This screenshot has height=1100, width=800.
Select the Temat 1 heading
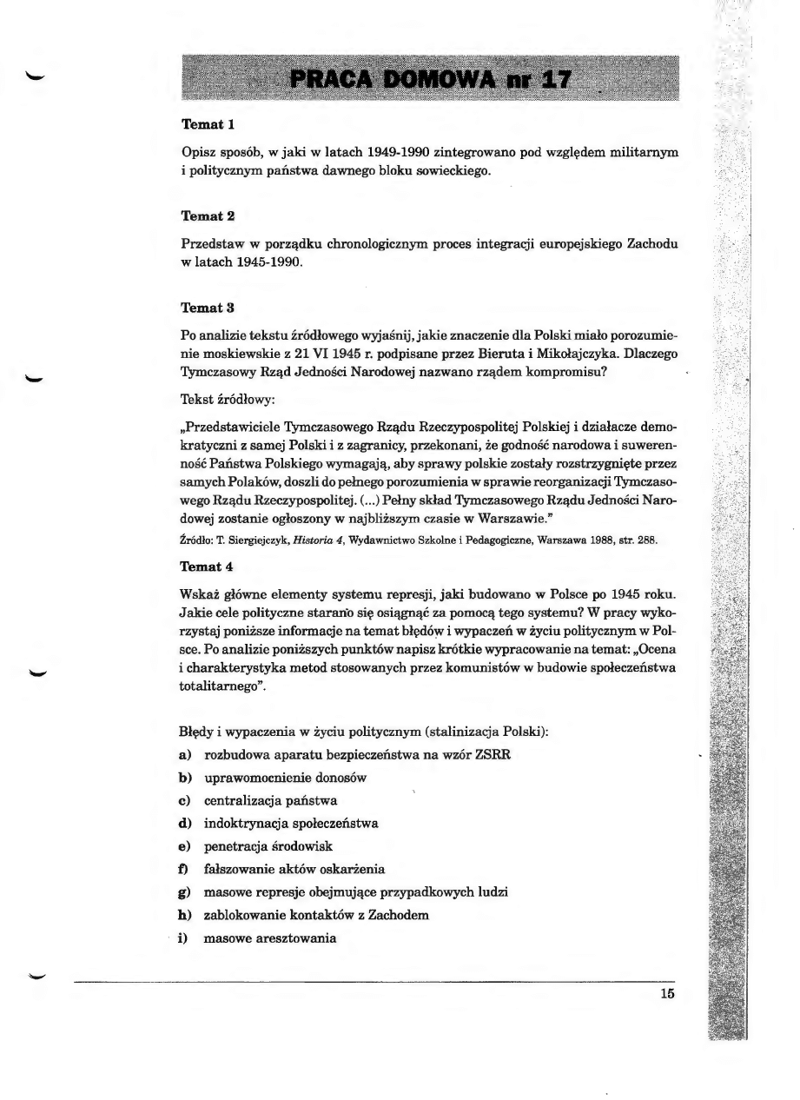point(208,125)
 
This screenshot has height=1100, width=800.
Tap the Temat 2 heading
point(208,215)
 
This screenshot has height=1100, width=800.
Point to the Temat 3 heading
point(208,307)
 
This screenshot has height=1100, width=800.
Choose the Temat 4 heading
point(208,567)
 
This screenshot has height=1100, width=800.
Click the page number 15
point(666,995)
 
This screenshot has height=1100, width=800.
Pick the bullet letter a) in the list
point(187,754)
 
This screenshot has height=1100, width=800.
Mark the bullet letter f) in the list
point(186,868)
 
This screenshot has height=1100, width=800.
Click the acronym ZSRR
point(493,754)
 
